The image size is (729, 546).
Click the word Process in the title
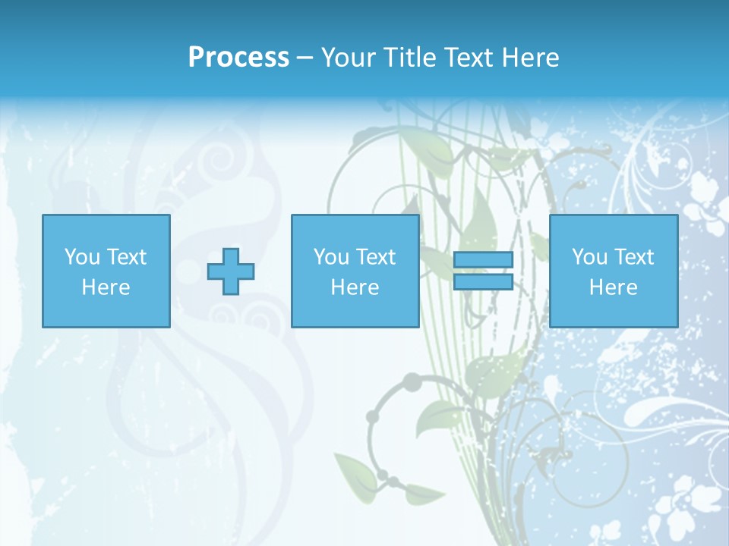click(x=238, y=58)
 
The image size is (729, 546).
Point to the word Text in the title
click(x=471, y=58)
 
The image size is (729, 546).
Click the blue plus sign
click(x=231, y=271)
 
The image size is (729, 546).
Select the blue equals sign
click(x=483, y=271)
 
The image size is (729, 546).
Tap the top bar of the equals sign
click(x=483, y=260)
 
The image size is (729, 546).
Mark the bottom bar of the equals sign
click(x=483, y=281)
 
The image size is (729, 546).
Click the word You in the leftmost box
click(x=82, y=257)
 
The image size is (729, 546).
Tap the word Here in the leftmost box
click(x=106, y=287)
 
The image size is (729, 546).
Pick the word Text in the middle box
click(x=375, y=257)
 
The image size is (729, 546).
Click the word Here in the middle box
click(x=355, y=287)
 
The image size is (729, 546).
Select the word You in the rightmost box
click(x=589, y=257)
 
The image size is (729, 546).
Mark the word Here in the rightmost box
click(x=614, y=287)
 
